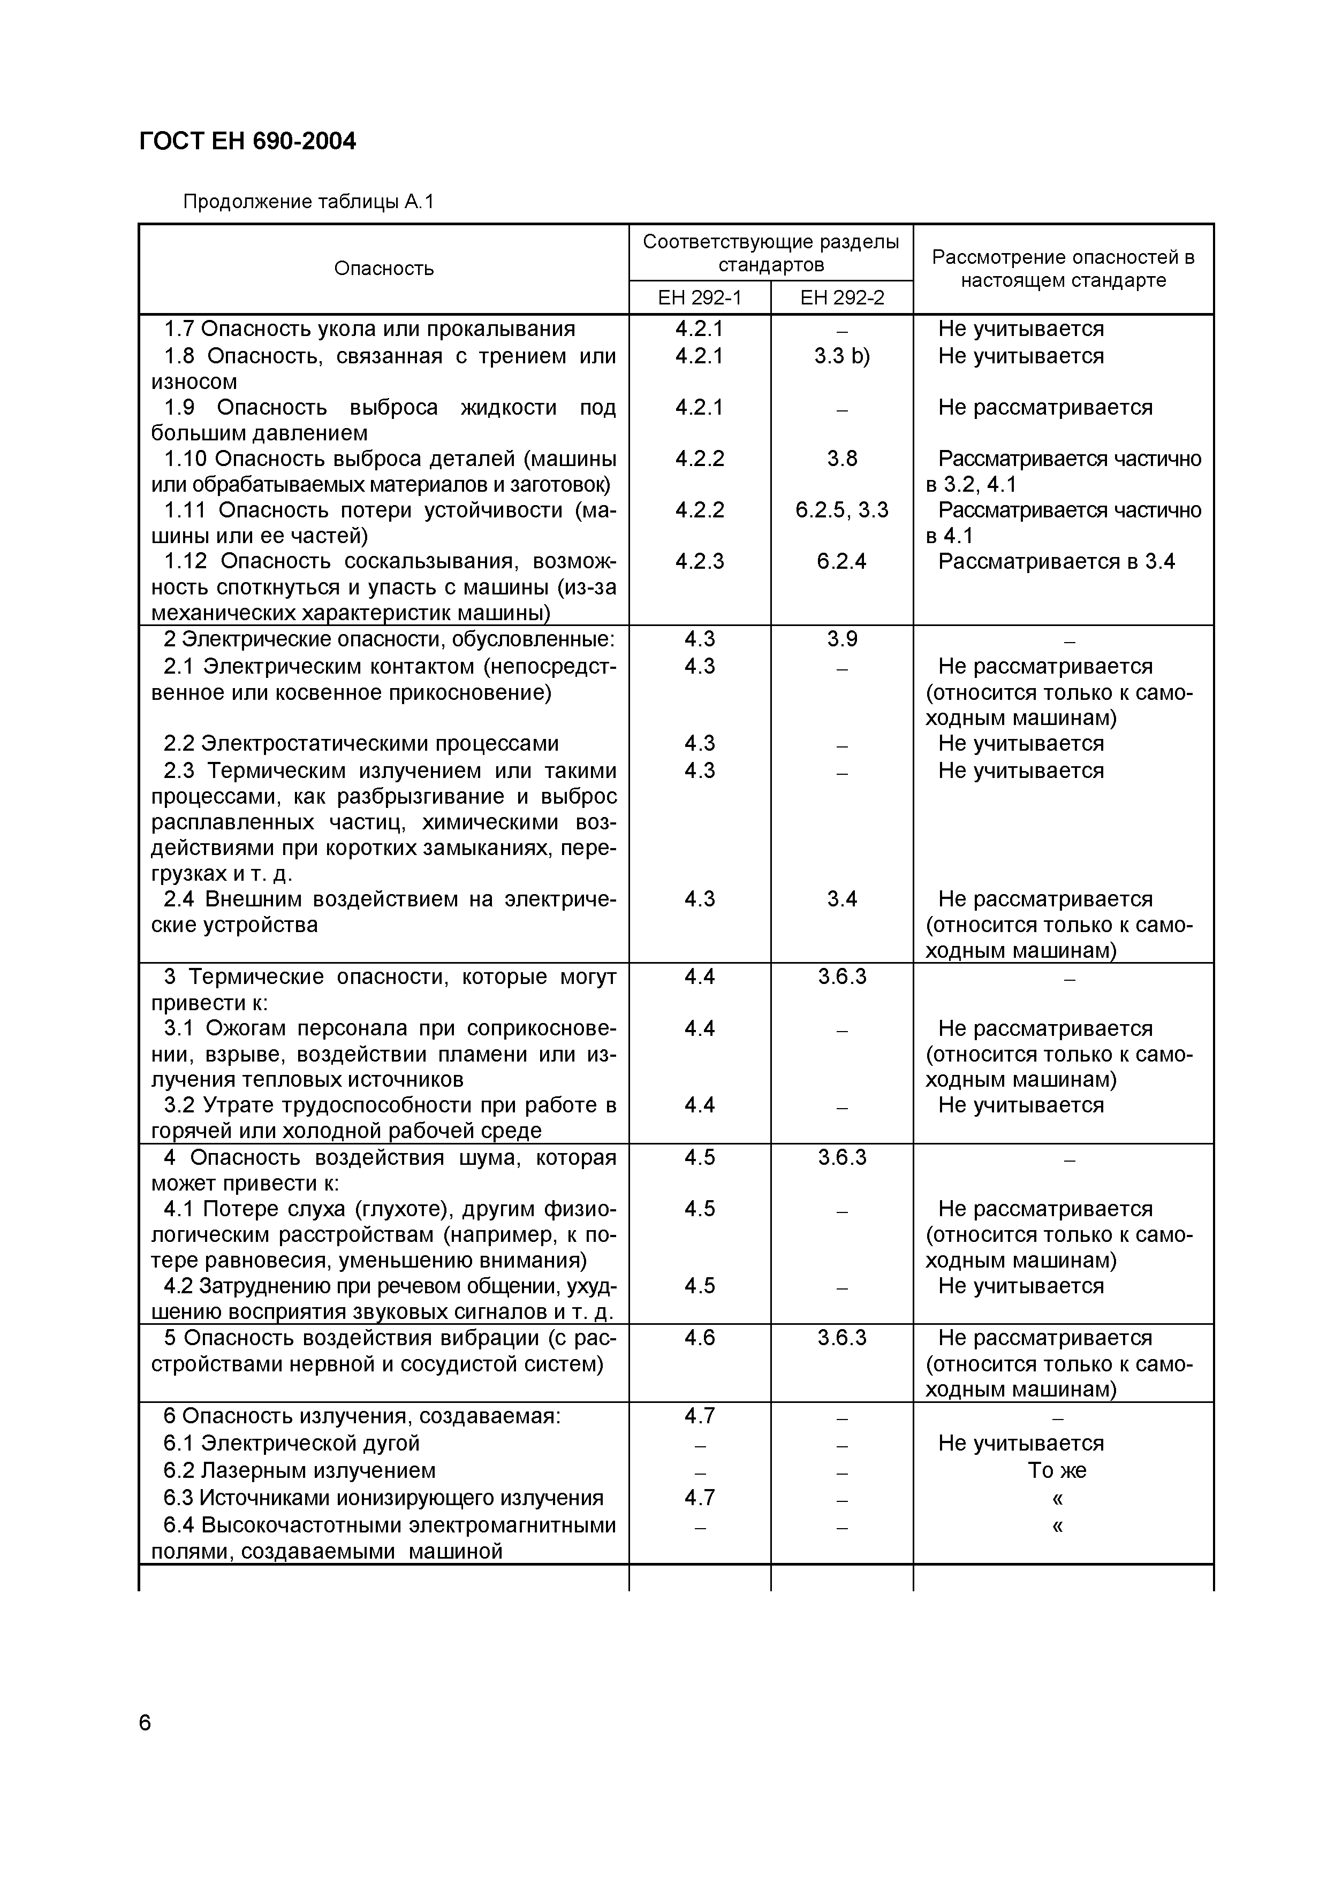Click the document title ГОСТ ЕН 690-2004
[248, 141]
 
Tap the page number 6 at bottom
[146, 1722]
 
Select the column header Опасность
[383, 269]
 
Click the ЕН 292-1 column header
[699, 297]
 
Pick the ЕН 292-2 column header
[841, 297]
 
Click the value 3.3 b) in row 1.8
[841, 356]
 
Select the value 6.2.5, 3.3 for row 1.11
[841, 510]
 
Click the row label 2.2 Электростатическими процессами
[361, 743]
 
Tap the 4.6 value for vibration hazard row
[699, 1338]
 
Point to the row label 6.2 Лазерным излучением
[299, 1470]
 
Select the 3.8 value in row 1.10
[841, 459]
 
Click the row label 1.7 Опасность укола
[369, 329]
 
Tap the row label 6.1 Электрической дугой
[291, 1443]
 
